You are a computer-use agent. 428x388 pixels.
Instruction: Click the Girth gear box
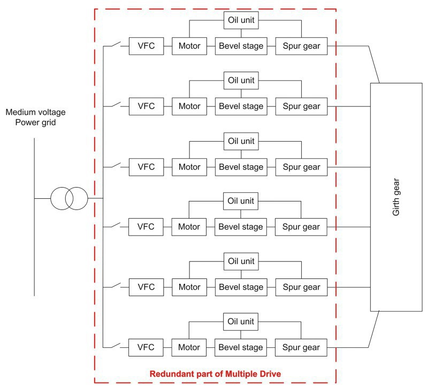[396, 197]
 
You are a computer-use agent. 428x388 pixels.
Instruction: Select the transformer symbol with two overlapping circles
[69, 199]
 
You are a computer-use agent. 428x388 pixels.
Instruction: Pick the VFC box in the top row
[146, 46]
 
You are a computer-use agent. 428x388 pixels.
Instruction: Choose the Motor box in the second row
[189, 106]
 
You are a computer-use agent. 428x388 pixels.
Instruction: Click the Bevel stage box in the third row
[240, 167]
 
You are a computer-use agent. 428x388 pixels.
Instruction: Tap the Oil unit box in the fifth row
[240, 262]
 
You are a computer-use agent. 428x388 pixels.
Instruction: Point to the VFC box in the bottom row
[146, 347]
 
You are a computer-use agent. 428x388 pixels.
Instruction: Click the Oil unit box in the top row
[240, 21]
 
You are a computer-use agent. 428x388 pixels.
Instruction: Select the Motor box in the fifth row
[189, 287]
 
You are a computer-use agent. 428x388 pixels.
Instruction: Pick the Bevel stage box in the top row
[240, 46]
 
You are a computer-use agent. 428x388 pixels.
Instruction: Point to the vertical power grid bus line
[34, 240]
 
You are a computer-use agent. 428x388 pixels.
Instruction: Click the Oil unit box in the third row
[240, 142]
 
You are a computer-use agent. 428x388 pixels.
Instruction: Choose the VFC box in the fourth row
[146, 227]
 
